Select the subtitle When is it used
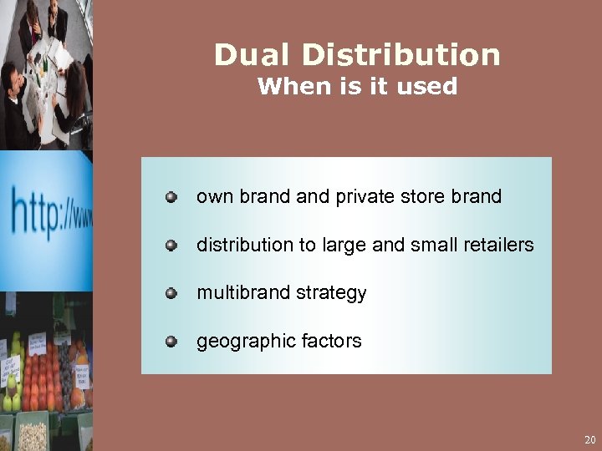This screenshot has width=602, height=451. click(x=357, y=87)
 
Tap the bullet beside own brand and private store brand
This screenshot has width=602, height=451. click(x=171, y=197)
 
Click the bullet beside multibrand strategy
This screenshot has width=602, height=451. click(x=171, y=293)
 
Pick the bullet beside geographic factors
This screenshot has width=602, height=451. click(x=171, y=341)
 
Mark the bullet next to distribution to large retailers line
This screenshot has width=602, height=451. click(x=171, y=246)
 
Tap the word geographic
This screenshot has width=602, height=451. click(x=240, y=341)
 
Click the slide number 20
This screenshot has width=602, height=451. click(x=590, y=439)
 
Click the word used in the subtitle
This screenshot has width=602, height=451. click(x=431, y=87)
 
